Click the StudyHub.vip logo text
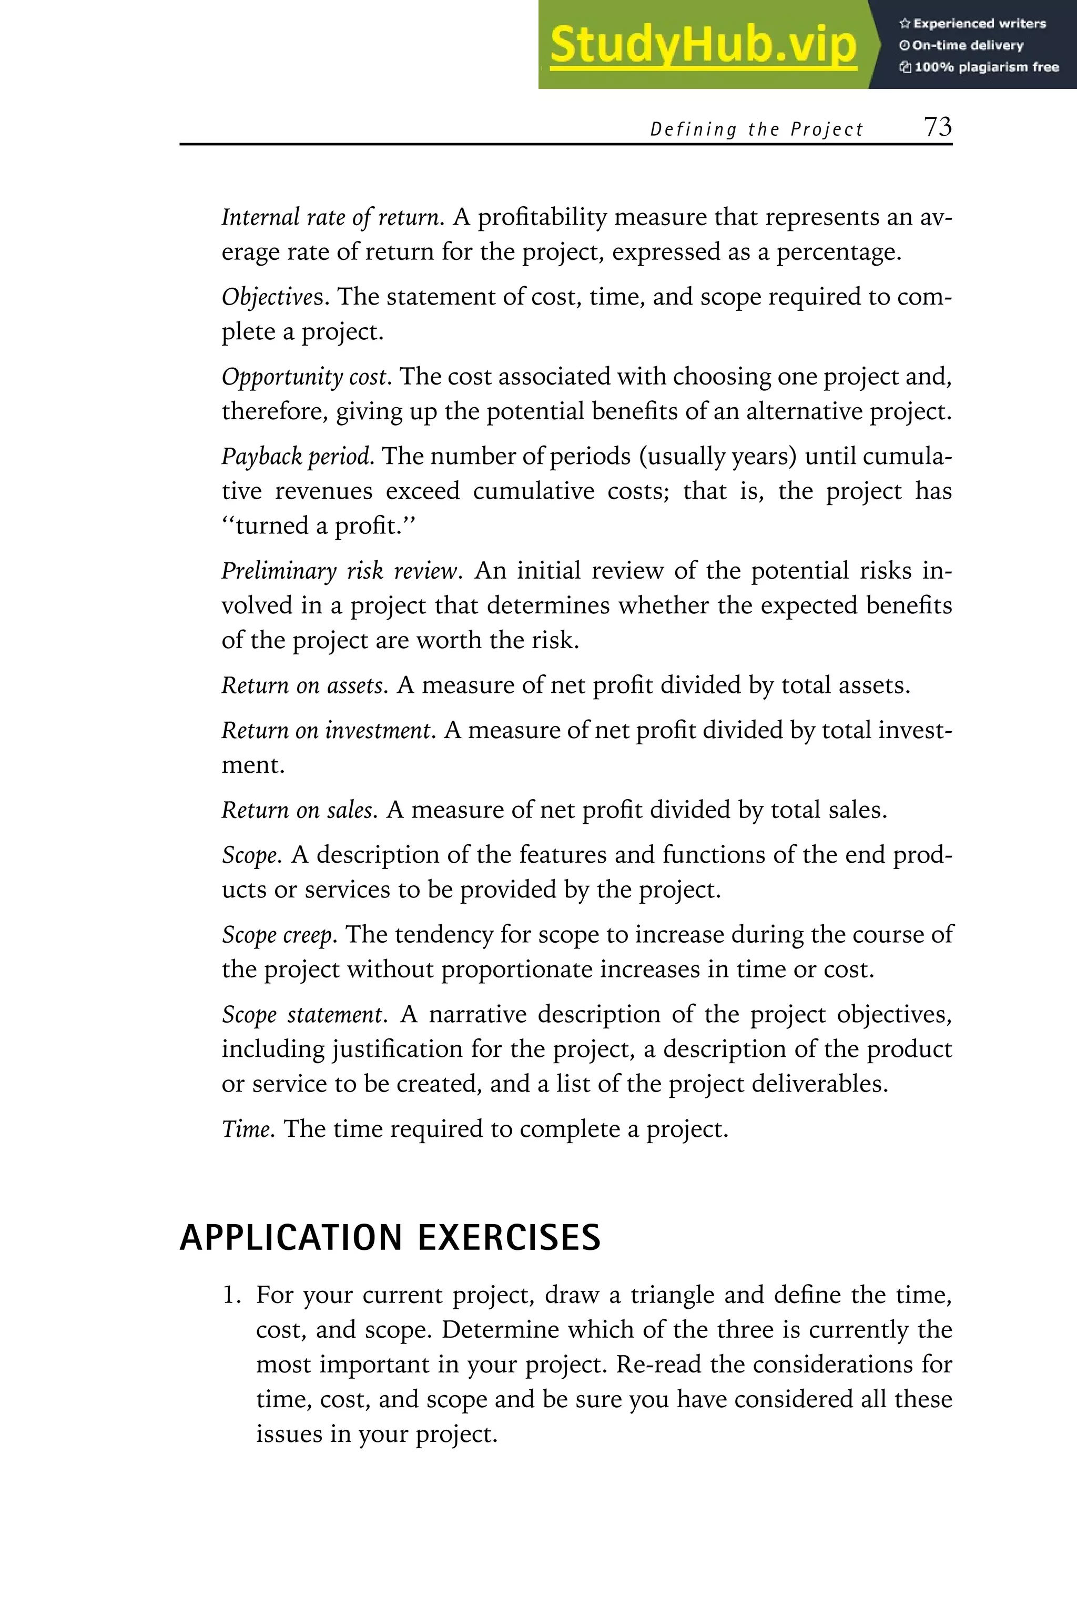pos(703,45)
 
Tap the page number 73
pos(937,127)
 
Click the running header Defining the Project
pos(756,129)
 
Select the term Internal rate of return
pos(332,217)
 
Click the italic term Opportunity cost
pos(307,377)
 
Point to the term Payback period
pos(297,456)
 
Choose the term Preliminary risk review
pos(339,571)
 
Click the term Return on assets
pos(303,685)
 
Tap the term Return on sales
pos(298,810)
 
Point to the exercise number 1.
pos(231,1296)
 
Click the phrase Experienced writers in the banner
pos(979,23)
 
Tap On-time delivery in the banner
pos(967,45)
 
